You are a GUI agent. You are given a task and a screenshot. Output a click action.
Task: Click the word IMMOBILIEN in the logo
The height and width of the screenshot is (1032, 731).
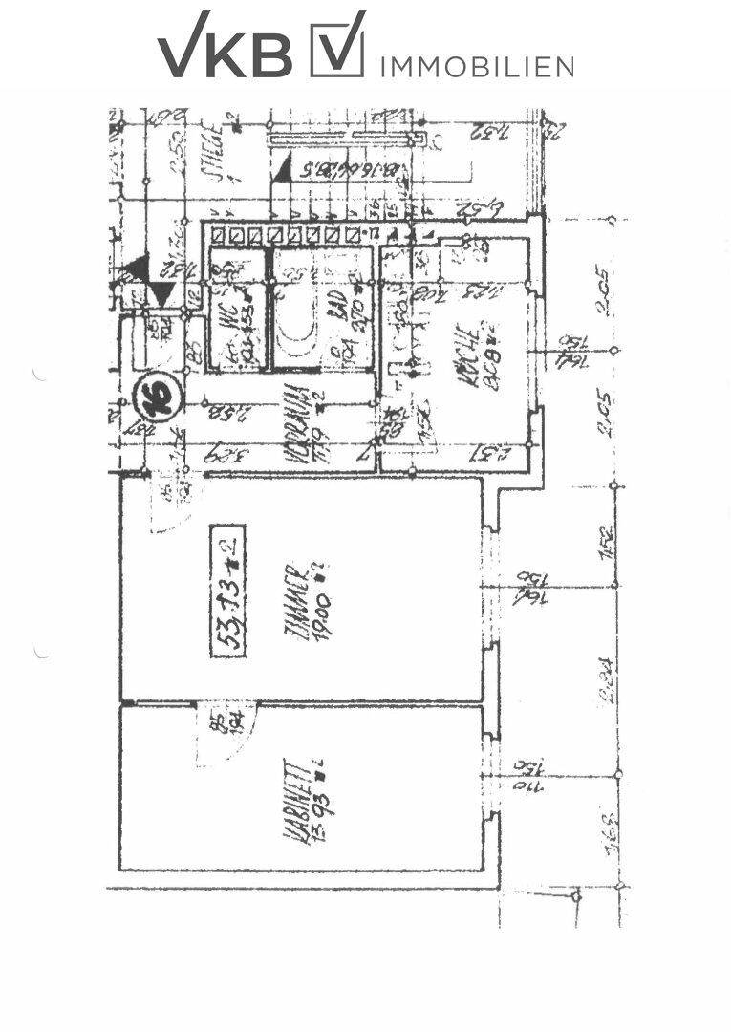(477, 65)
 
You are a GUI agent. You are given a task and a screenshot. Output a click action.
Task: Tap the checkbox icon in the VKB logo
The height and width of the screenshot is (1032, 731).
(337, 45)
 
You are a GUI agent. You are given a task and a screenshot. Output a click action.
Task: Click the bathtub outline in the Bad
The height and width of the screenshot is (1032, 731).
(295, 312)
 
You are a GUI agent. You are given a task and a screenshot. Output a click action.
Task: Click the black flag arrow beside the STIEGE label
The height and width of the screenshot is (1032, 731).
(281, 171)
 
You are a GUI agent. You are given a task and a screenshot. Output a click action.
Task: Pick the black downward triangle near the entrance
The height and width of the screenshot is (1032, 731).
(163, 293)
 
